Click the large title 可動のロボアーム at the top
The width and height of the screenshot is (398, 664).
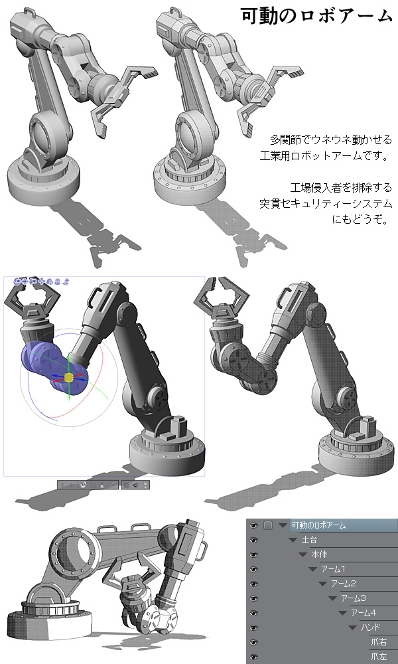317,15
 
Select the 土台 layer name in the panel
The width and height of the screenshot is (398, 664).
309,540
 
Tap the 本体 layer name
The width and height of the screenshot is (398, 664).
319,554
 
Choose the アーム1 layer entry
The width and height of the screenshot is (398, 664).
333,569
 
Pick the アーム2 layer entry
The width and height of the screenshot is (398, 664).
344,584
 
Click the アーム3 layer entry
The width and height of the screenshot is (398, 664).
354,598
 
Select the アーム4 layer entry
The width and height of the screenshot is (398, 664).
364,613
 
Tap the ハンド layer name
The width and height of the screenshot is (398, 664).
371,627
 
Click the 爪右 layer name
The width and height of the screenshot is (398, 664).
379,642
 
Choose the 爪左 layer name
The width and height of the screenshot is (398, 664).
379,657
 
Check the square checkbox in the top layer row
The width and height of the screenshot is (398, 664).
268,525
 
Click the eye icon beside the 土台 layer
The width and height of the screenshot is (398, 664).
254,540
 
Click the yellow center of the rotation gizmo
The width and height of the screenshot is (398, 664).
69,377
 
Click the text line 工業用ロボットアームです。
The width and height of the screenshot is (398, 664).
324,155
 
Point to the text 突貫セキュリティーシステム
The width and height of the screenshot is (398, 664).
326,204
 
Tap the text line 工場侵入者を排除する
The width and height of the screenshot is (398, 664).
341,187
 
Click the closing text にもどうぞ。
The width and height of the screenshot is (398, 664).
360,220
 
